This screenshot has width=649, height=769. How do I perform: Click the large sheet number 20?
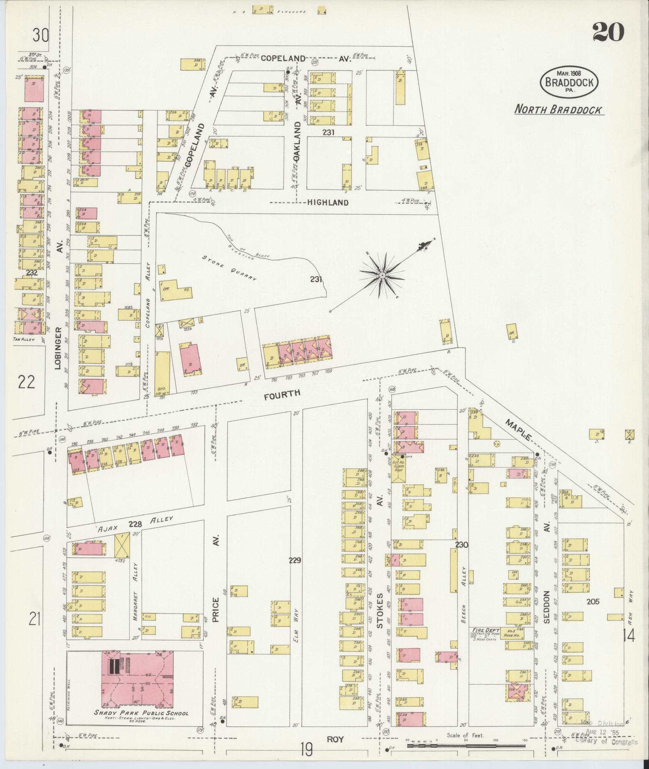608,32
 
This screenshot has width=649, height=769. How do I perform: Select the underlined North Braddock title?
559,110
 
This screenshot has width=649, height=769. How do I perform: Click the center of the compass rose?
381,275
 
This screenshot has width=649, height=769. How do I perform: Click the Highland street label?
328,203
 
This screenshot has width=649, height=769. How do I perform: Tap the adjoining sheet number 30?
41,36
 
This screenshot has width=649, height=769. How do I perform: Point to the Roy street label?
335,738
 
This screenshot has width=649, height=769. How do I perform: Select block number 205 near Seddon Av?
593,601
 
